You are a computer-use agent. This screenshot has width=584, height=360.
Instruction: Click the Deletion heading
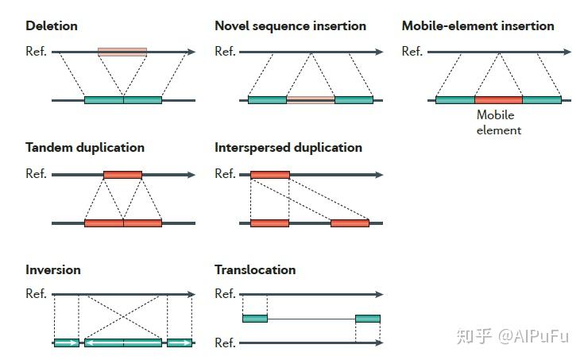click(x=52, y=25)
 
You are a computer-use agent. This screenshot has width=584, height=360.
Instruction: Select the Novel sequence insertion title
click(x=291, y=26)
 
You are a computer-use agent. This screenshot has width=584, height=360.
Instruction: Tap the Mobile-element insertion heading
click(x=478, y=25)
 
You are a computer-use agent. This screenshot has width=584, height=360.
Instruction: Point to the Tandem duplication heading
click(x=85, y=148)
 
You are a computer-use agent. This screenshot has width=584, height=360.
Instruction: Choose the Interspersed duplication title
click(x=288, y=148)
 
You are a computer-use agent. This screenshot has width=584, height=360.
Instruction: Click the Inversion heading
click(x=53, y=269)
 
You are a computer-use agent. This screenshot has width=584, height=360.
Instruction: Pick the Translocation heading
click(x=255, y=269)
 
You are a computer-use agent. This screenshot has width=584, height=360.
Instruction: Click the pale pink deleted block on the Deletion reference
click(x=122, y=52)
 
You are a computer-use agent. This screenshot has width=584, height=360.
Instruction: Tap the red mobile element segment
click(x=498, y=100)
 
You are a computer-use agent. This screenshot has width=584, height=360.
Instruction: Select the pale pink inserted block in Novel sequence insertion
click(x=311, y=100)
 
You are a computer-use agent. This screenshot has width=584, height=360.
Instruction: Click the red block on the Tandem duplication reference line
click(x=122, y=175)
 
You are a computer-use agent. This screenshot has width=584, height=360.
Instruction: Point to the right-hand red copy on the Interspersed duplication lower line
click(x=350, y=223)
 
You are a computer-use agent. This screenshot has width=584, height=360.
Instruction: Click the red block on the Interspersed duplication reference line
click(x=270, y=175)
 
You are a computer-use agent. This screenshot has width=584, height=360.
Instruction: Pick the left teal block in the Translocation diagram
click(x=255, y=319)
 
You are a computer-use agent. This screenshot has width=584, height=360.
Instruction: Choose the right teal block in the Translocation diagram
click(x=368, y=319)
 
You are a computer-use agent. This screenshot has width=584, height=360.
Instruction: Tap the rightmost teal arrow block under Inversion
click(x=180, y=343)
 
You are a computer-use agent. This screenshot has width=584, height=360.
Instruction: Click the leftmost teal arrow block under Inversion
click(x=67, y=343)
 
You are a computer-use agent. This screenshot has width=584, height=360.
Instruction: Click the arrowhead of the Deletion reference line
click(x=191, y=52)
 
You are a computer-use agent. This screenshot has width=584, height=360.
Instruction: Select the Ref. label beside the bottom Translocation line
click(x=225, y=343)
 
